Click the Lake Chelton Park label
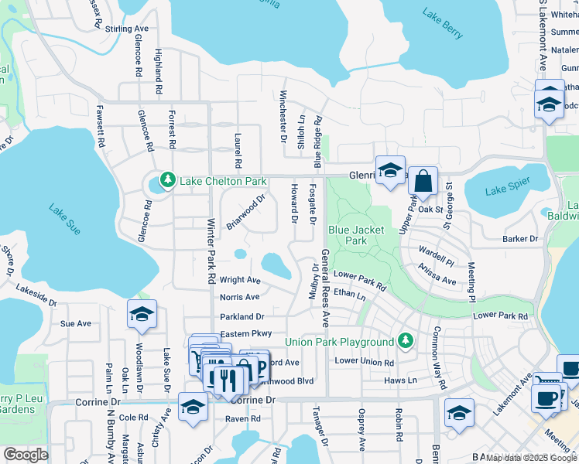[223, 182]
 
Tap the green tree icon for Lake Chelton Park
[166, 182]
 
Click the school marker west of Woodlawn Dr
[142, 315]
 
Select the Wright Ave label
[240, 280]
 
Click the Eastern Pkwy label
[246, 333]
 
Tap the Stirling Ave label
[126, 29]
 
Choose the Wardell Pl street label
[435, 251]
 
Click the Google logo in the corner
[25, 455]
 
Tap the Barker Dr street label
[519, 239]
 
